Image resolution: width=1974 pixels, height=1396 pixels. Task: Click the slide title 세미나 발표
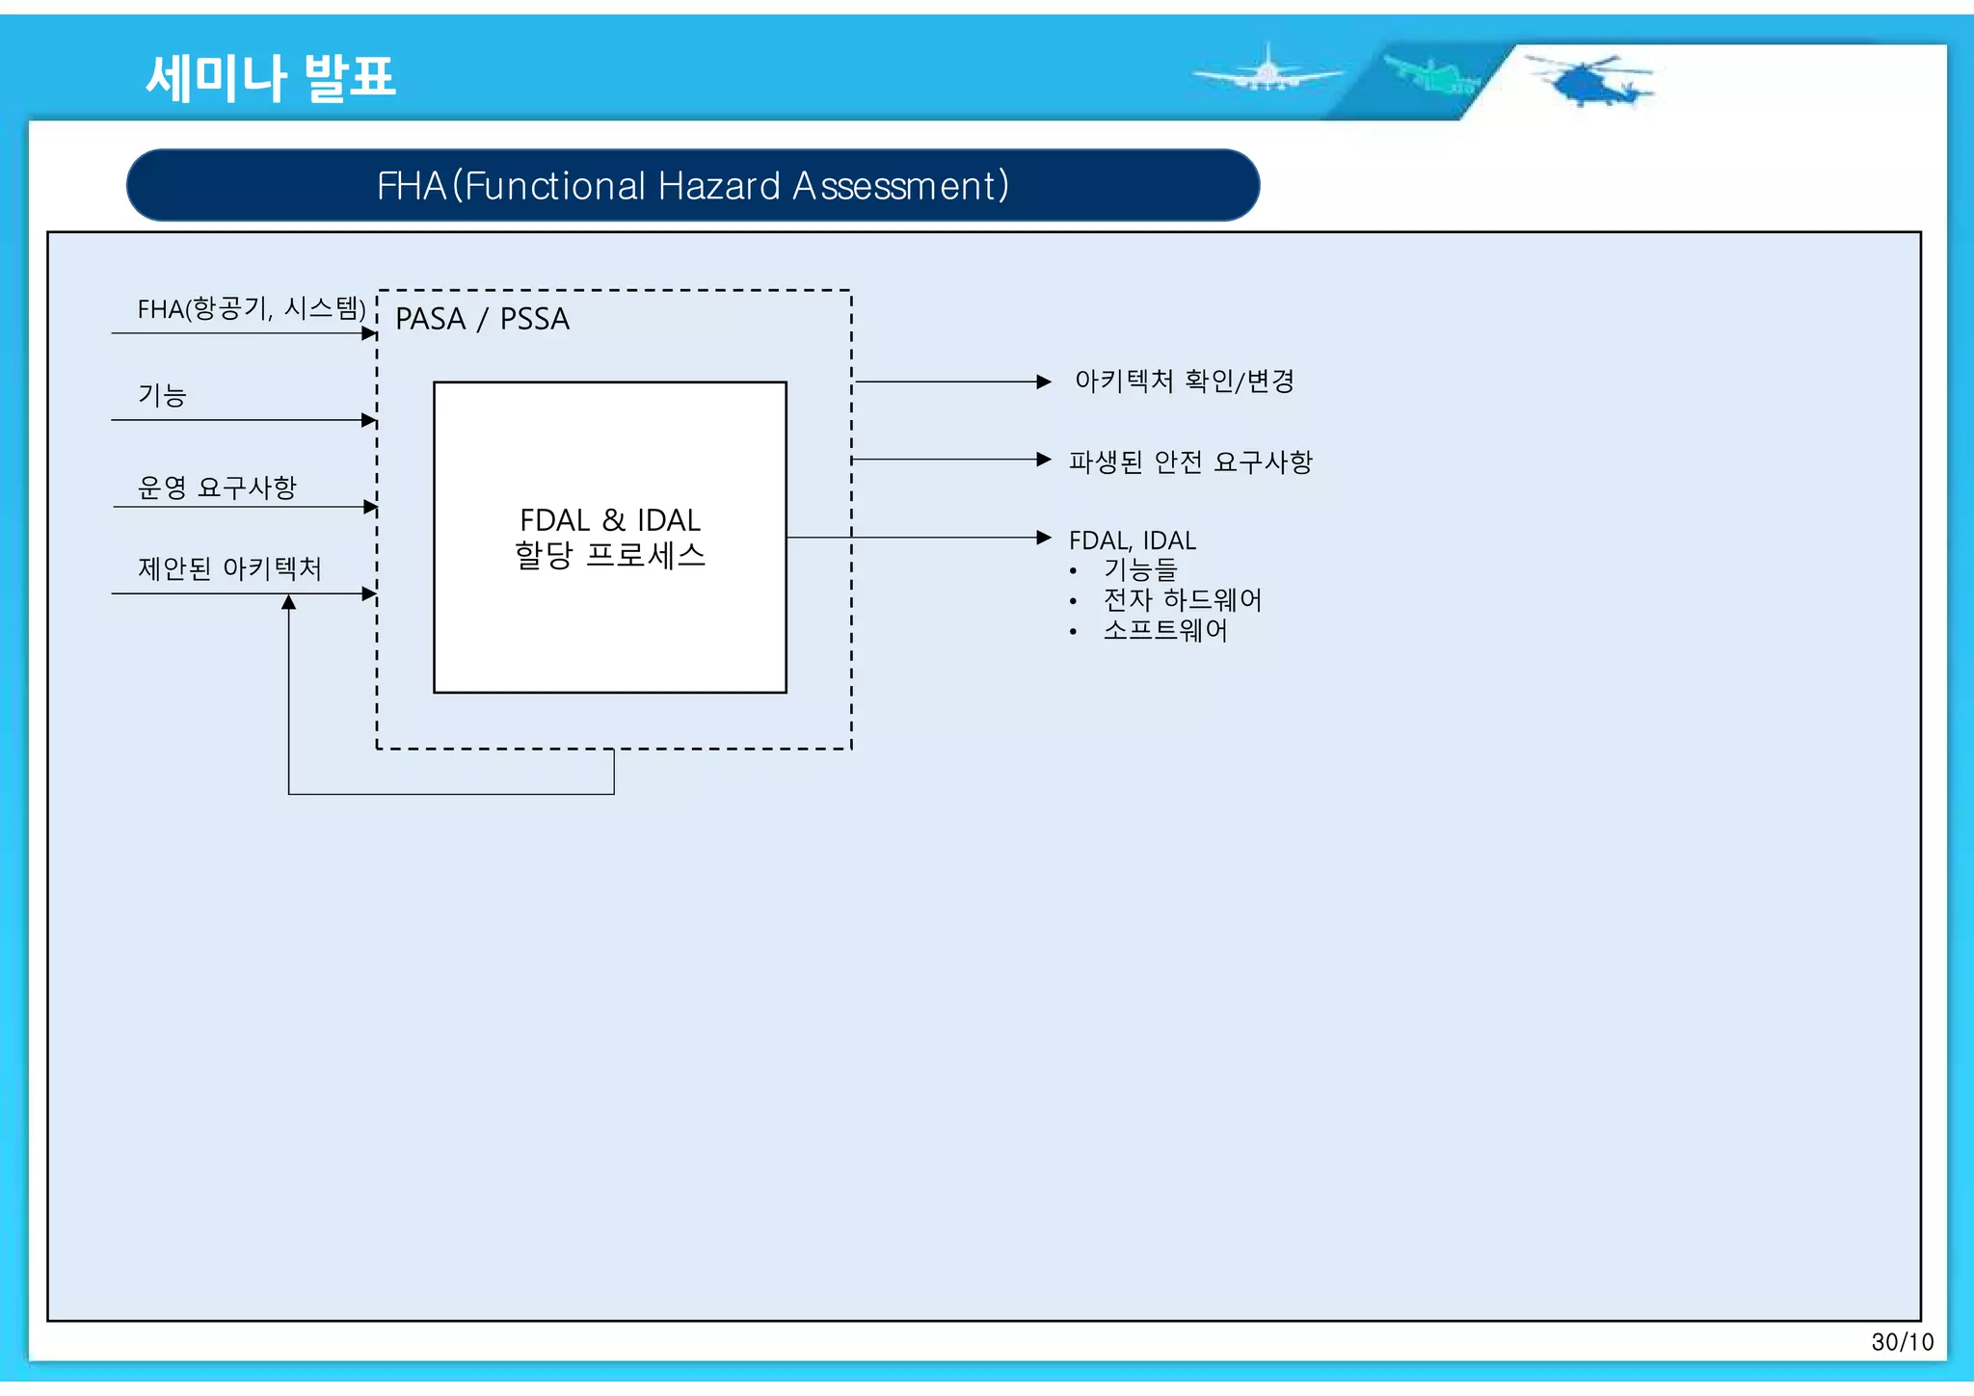271,77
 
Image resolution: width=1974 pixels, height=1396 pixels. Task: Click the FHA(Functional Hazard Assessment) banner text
692,185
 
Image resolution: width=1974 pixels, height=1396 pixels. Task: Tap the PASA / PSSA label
482,319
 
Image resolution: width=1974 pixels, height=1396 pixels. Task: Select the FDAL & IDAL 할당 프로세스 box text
610,538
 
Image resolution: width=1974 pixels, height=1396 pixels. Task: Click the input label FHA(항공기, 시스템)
252,308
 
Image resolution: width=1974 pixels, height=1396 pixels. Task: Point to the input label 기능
162,395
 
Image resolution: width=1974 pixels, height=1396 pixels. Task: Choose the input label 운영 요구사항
217,487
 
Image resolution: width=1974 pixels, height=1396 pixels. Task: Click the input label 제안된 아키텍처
229,568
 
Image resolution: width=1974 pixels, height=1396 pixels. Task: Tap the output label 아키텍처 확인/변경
1184,382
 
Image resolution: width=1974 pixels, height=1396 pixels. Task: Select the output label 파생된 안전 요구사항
1190,462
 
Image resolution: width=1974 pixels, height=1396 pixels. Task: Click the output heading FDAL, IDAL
1133,540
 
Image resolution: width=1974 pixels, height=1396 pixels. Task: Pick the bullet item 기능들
1140,570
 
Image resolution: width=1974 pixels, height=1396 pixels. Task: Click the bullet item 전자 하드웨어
1183,600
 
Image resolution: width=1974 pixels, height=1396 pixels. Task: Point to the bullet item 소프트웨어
1165,630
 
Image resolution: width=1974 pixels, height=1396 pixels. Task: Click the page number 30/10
1902,1342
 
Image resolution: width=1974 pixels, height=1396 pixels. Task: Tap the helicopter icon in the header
1590,81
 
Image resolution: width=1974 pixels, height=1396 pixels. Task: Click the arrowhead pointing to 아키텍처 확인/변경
1044,382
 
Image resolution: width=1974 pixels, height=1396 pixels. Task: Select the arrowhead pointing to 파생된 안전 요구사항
1044,460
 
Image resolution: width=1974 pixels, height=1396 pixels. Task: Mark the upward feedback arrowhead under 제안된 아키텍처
288,602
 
